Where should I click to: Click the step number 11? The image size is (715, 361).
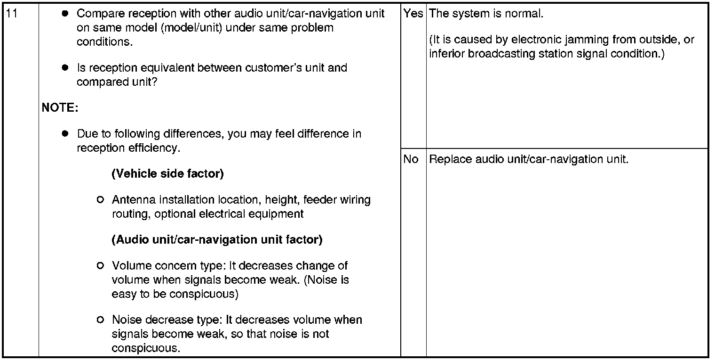click(x=13, y=14)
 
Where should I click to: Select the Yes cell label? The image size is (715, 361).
click(x=413, y=14)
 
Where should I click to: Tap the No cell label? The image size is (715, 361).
click(x=411, y=159)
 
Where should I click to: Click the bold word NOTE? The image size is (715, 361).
click(x=60, y=108)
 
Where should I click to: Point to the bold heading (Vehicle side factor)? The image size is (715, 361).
click(x=167, y=174)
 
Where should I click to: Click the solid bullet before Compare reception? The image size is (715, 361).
click(x=65, y=14)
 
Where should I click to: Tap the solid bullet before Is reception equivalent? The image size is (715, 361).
click(x=65, y=68)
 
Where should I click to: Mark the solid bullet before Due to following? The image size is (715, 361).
click(x=65, y=134)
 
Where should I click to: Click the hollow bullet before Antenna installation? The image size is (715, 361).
click(x=100, y=200)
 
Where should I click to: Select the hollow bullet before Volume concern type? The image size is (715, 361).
click(x=100, y=266)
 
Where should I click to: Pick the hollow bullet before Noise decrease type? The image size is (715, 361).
click(x=100, y=320)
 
